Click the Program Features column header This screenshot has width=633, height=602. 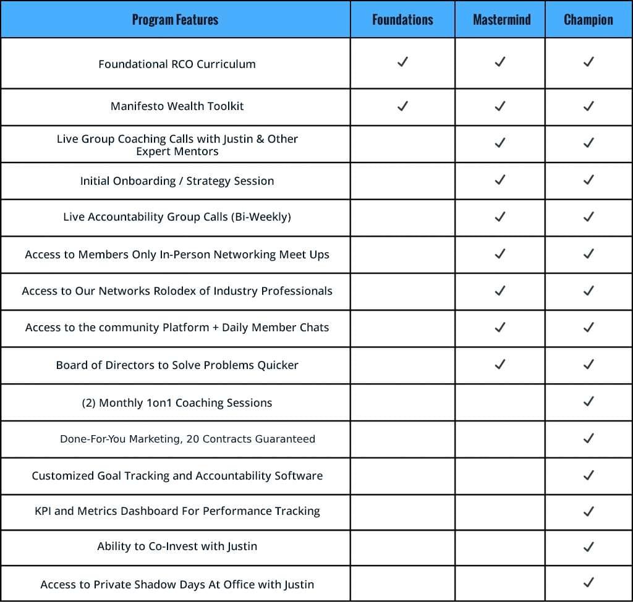click(175, 20)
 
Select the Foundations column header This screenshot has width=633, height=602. click(402, 20)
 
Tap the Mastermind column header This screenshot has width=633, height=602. click(501, 20)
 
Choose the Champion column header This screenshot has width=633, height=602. click(588, 20)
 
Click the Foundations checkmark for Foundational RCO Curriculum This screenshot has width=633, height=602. click(402, 62)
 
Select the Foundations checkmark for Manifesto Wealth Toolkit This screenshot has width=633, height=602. click(402, 106)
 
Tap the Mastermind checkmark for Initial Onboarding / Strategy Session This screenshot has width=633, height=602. click(500, 180)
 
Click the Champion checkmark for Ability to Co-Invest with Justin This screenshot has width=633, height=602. click(588, 546)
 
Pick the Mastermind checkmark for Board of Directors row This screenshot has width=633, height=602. click(500, 365)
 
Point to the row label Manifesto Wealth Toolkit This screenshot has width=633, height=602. click(177, 106)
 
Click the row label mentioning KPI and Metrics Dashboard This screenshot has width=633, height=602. click(177, 511)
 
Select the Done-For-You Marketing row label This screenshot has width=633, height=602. click(187, 439)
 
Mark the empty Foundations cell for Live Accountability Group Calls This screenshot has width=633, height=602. click(402, 217)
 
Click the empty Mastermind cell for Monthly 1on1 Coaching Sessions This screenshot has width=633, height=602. click(500, 402)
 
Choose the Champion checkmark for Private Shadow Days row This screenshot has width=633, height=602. click(588, 582)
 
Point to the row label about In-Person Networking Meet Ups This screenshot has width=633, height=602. click(177, 255)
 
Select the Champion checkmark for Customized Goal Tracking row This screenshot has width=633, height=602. click(588, 475)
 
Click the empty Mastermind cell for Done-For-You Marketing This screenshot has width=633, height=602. click(500, 439)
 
